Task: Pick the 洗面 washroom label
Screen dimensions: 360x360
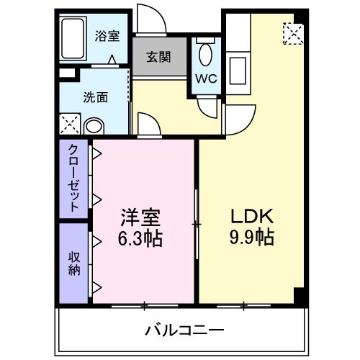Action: pyautogui.click(x=95, y=97)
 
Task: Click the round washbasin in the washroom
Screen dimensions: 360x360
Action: pyautogui.click(x=94, y=127)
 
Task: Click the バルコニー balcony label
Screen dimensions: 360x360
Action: pyautogui.click(x=184, y=330)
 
